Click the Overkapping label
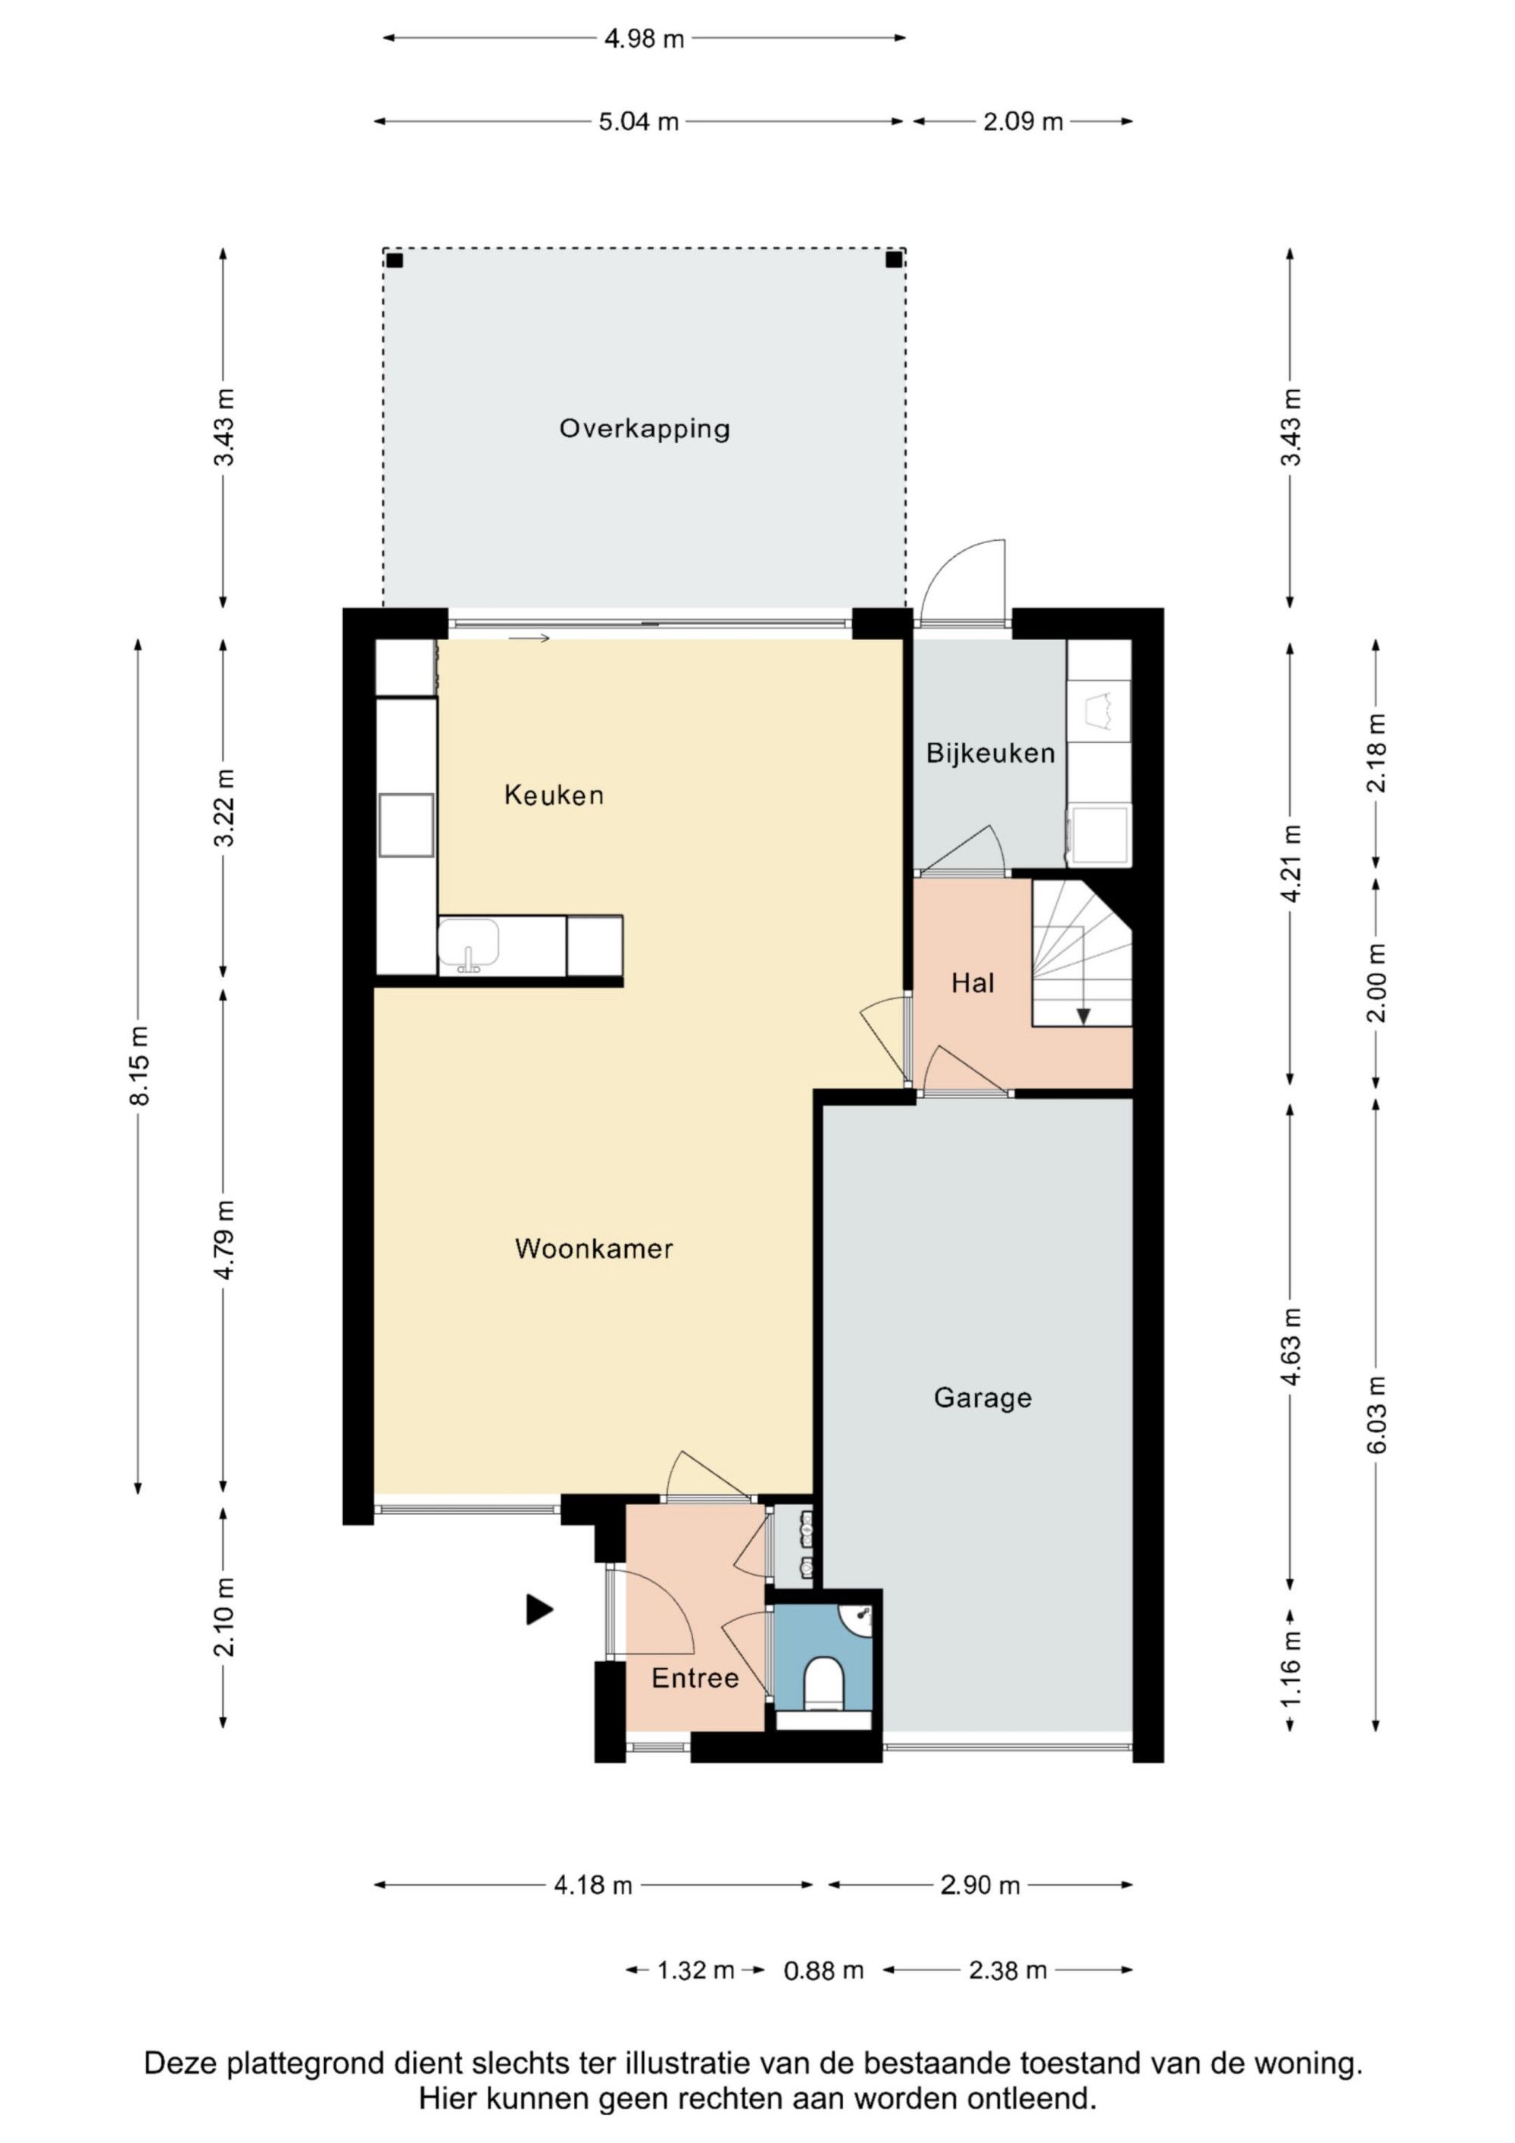pyautogui.click(x=644, y=430)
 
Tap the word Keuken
pyautogui.click(x=554, y=795)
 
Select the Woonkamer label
pyautogui.click(x=594, y=1249)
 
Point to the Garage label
pyautogui.click(x=983, y=1398)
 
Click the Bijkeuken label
pyautogui.click(x=990, y=753)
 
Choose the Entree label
pyautogui.click(x=695, y=1678)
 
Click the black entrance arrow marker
pyautogui.click(x=539, y=1609)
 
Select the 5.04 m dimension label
pyautogui.click(x=639, y=122)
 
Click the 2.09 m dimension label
pyautogui.click(x=1023, y=122)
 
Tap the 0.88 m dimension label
pyautogui.click(x=823, y=1970)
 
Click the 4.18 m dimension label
pyautogui.click(x=593, y=1885)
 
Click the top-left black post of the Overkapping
pyautogui.click(x=395, y=261)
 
